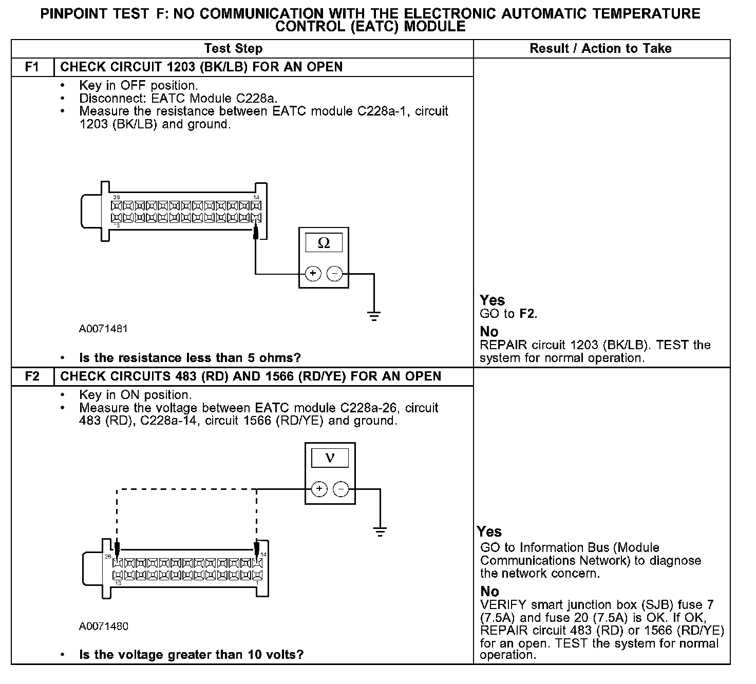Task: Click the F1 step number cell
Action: (32, 67)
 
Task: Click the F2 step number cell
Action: (32, 376)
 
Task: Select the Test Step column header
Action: (233, 49)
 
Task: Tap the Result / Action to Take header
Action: (600, 49)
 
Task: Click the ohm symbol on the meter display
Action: (324, 243)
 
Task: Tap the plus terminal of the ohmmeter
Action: (313, 274)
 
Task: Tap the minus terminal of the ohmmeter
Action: (335, 274)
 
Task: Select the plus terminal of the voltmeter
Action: (319, 489)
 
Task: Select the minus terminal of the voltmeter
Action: (341, 489)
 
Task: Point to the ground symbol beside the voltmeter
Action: (380, 531)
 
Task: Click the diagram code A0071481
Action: (103, 329)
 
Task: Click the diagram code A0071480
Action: (103, 626)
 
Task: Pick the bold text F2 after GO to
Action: (527, 314)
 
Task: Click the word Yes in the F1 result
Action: (492, 300)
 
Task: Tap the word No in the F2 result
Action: (489, 591)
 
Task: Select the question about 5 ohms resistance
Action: (190, 358)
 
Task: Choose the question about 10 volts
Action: (191, 655)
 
